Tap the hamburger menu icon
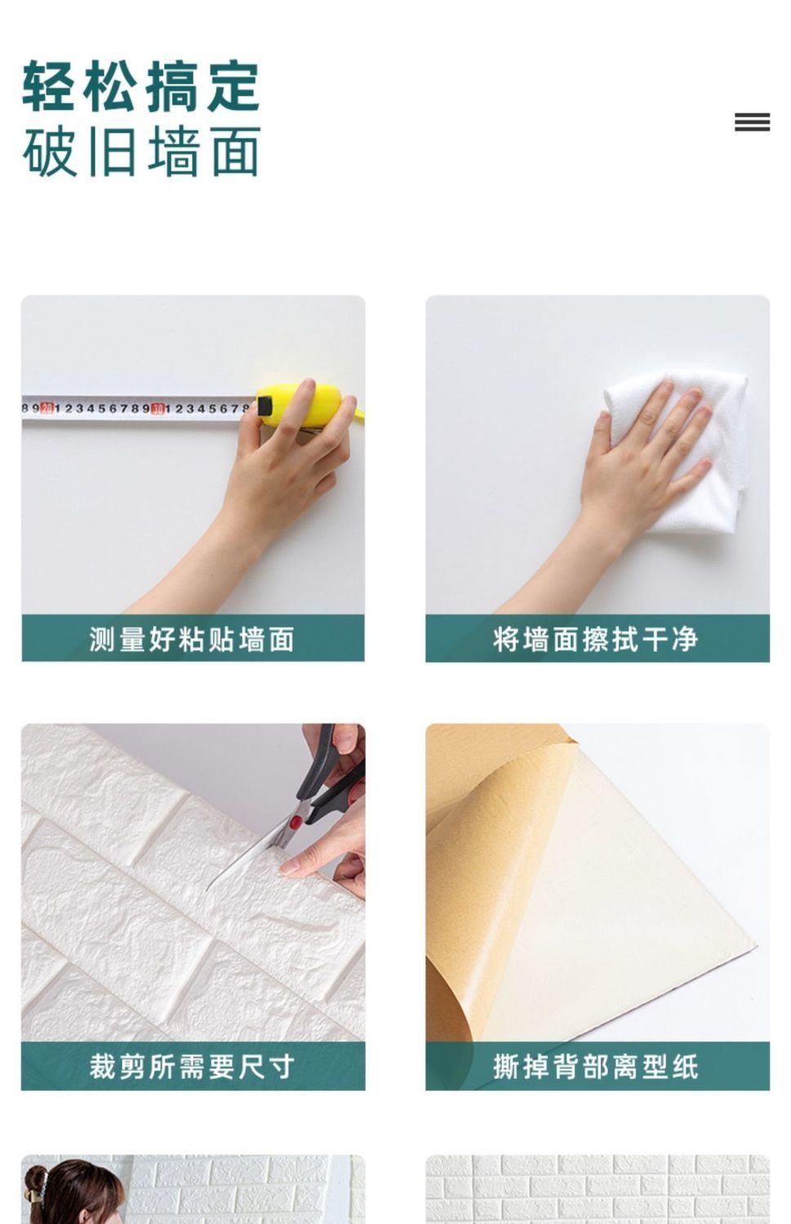pos(752,122)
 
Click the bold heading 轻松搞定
pos(141,86)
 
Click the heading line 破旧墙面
pos(141,151)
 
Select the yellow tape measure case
pos(306,406)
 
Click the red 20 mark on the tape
pos(47,408)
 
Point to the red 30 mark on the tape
pos(158,408)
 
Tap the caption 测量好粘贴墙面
pos(192,639)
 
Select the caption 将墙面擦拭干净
pos(596,639)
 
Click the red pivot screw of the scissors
pos(296,822)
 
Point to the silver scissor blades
pos(249,858)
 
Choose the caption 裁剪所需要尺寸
pos(192,1067)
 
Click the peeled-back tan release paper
pos(481,885)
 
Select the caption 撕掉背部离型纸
pos(596,1067)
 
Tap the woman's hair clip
pos(39,1185)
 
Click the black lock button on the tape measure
pos(265,406)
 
